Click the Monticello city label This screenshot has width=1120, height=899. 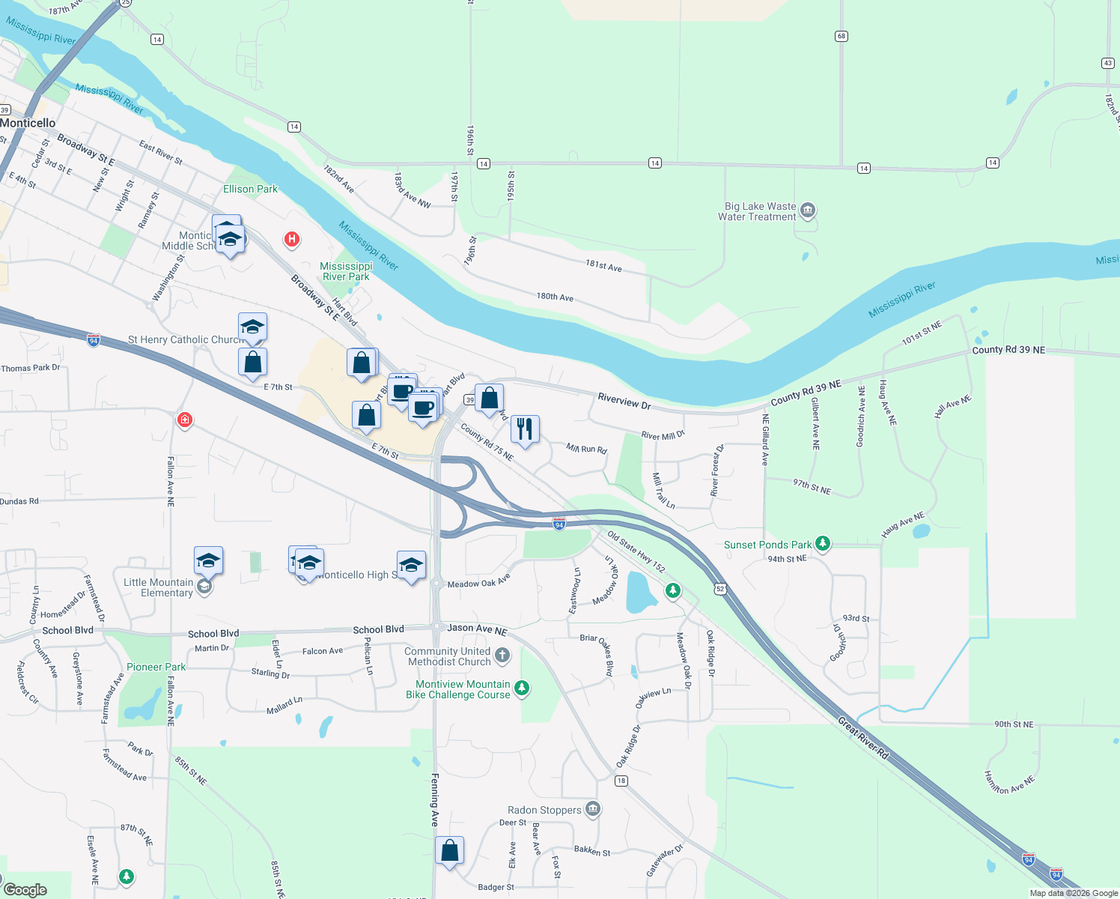click(28, 123)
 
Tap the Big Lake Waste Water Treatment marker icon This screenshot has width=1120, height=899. click(807, 211)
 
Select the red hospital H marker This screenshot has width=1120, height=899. click(291, 240)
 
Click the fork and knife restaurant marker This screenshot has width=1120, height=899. click(525, 429)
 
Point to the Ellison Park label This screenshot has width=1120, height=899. click(250, 189)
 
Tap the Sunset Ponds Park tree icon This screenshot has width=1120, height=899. click(823, 544)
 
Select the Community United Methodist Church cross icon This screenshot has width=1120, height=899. click(502, 656)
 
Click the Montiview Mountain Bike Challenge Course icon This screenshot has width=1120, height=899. click(522, 688)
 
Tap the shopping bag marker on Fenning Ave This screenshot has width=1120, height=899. click(449, 850)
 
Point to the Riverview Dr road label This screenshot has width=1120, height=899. click(624, 401)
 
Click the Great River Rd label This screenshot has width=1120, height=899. click(862, 738)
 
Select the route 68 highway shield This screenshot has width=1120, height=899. click(841, 36)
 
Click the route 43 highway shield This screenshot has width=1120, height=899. click(1108, 63)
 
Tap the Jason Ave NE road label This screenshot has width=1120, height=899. click(477, 629)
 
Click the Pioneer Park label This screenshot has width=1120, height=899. click(156, 667)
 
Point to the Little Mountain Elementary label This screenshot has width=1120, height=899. click(158, 587)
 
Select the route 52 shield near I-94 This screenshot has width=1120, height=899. click(720, 589)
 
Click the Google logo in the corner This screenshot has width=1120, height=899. click(25, 889)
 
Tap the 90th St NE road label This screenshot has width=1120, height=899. click(1014, 724)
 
